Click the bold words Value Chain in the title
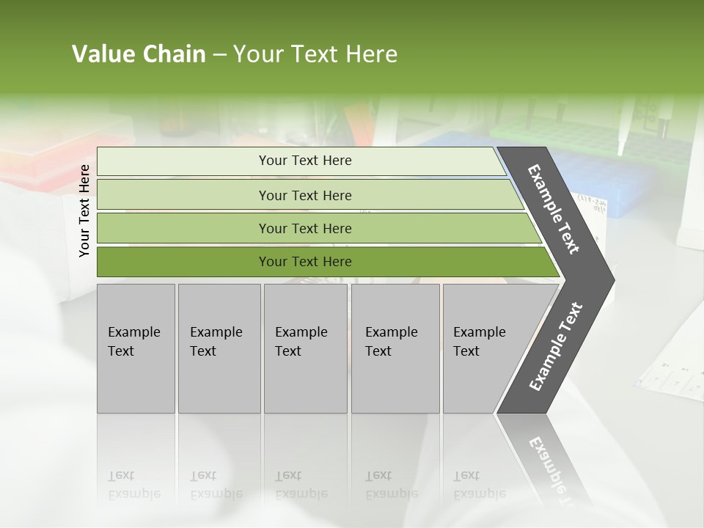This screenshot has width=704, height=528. coord(139,54)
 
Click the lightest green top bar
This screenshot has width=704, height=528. coord(183,161)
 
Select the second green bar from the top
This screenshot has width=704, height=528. coord(183,195)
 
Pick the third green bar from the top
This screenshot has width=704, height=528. coord(183,228)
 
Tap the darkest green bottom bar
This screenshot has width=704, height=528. coord(183,262)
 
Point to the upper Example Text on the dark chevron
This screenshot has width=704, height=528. coord(554,209)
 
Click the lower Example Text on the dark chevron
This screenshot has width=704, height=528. coord(556,347)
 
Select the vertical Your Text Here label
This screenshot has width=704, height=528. coord(84,210)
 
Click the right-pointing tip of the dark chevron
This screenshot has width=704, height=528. coord(610,280)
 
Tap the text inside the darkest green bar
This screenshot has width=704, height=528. coord(305,262)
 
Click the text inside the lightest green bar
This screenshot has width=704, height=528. coord(305,161)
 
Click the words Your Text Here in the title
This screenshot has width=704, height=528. coord(315,54)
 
